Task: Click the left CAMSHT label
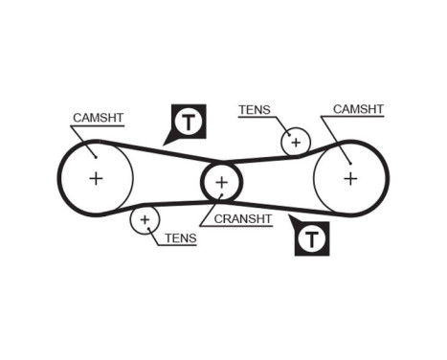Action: [x=98, y=118]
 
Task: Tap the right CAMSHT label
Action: [x=358, y=109]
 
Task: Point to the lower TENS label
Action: [x=180, y=238]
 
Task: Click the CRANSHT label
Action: [x=243, y=218]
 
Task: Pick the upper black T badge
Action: [x=190, y=121]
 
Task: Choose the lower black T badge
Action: [x=312, y=239]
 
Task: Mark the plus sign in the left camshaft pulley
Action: [x=96, y=177]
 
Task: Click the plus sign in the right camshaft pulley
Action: [x=350, y=177]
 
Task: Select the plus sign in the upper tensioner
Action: [x=296, y=143]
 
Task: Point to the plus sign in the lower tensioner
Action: [x=145, y=220]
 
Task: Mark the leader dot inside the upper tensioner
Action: [x=287, y=134]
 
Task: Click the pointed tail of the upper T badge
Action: [x=167, y=142]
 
